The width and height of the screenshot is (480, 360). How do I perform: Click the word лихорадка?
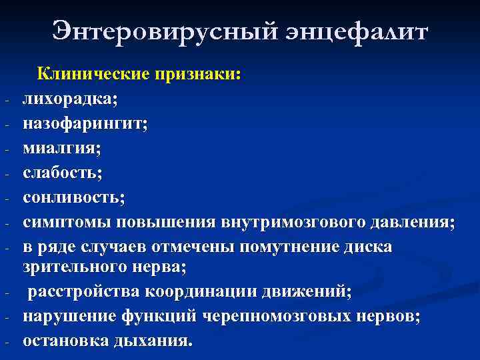(69, 99)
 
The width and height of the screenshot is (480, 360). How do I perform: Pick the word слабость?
(62, 173)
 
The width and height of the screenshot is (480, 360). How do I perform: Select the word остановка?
(64, 341)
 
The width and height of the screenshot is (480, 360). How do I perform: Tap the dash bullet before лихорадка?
(5, 101)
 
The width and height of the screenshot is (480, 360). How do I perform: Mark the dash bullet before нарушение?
(5, 317)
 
